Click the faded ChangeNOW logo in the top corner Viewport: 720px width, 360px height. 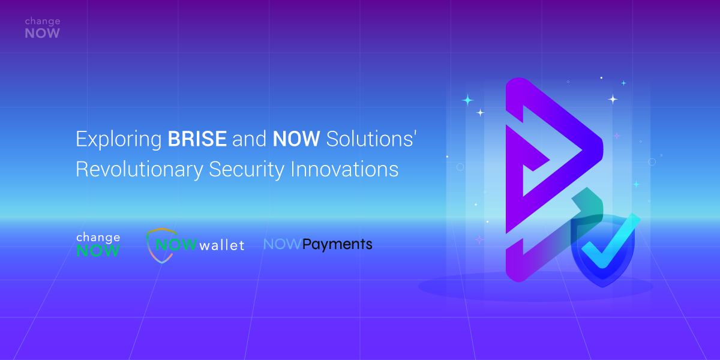43,28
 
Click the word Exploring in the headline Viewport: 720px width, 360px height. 119,139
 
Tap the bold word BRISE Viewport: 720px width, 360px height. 197,139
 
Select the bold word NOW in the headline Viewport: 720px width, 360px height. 296,139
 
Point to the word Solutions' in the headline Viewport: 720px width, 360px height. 371,139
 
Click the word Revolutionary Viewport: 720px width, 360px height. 139,169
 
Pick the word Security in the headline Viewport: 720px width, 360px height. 247,169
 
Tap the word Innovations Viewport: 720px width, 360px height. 344,169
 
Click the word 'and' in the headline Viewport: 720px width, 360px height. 250,139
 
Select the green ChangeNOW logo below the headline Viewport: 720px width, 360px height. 98,244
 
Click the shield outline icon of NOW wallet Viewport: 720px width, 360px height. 157,245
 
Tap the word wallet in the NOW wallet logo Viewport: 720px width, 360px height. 222,245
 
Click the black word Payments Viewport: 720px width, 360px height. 337,245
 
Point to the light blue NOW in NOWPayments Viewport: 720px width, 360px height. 282,244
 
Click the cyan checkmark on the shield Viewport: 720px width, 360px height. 610,242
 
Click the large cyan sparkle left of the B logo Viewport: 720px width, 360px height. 467,100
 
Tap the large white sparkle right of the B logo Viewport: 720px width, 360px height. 613,99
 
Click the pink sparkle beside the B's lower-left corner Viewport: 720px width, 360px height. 479,240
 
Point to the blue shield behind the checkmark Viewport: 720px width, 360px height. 603,251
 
